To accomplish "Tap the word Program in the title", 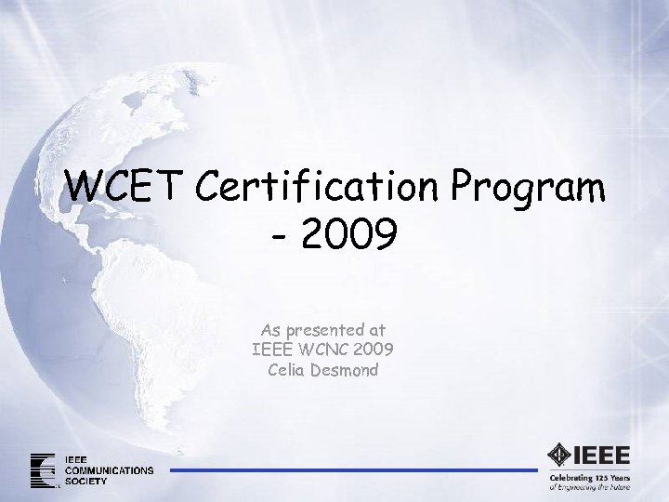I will (x=530, y=189).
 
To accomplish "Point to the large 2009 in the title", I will (x=348, y=233).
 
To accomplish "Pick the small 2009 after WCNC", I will (x=374, y=350).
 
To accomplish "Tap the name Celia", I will (x=286, y=369).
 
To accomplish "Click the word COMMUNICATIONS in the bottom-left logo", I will (x=110, y=470).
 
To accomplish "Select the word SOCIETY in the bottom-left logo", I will (x=86, y=481).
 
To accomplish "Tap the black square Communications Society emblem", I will (x=43, y=470).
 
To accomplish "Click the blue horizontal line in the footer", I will (x=353, y=470).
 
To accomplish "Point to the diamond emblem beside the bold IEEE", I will (x=559, y=456).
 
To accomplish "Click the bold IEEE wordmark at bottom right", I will (x=602, y=456).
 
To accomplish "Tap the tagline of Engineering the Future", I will (x=590, y=486).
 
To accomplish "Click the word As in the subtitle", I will (x=269, y=330).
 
